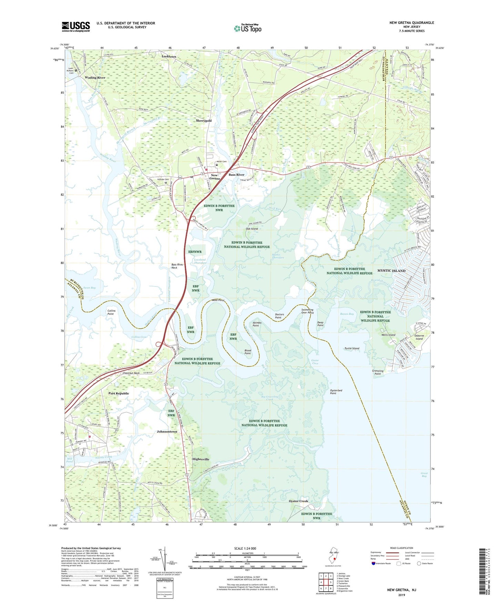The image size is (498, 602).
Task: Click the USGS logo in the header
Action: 76,27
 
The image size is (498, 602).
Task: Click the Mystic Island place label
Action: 391,271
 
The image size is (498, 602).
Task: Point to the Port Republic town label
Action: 119,393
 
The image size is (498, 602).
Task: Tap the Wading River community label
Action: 95,78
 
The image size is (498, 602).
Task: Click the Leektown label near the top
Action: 169,57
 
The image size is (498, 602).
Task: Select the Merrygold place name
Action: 203,121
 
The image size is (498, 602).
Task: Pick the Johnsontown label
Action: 167,432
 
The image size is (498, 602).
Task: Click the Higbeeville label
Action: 201,459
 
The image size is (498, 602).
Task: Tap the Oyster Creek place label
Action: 298,501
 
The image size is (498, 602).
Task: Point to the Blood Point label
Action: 247,352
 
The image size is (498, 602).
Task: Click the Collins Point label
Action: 111,312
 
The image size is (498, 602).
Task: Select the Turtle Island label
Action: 352,348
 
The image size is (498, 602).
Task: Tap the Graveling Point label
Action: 378,372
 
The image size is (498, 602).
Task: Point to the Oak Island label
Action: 252,229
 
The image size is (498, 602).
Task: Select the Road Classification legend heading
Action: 402,548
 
